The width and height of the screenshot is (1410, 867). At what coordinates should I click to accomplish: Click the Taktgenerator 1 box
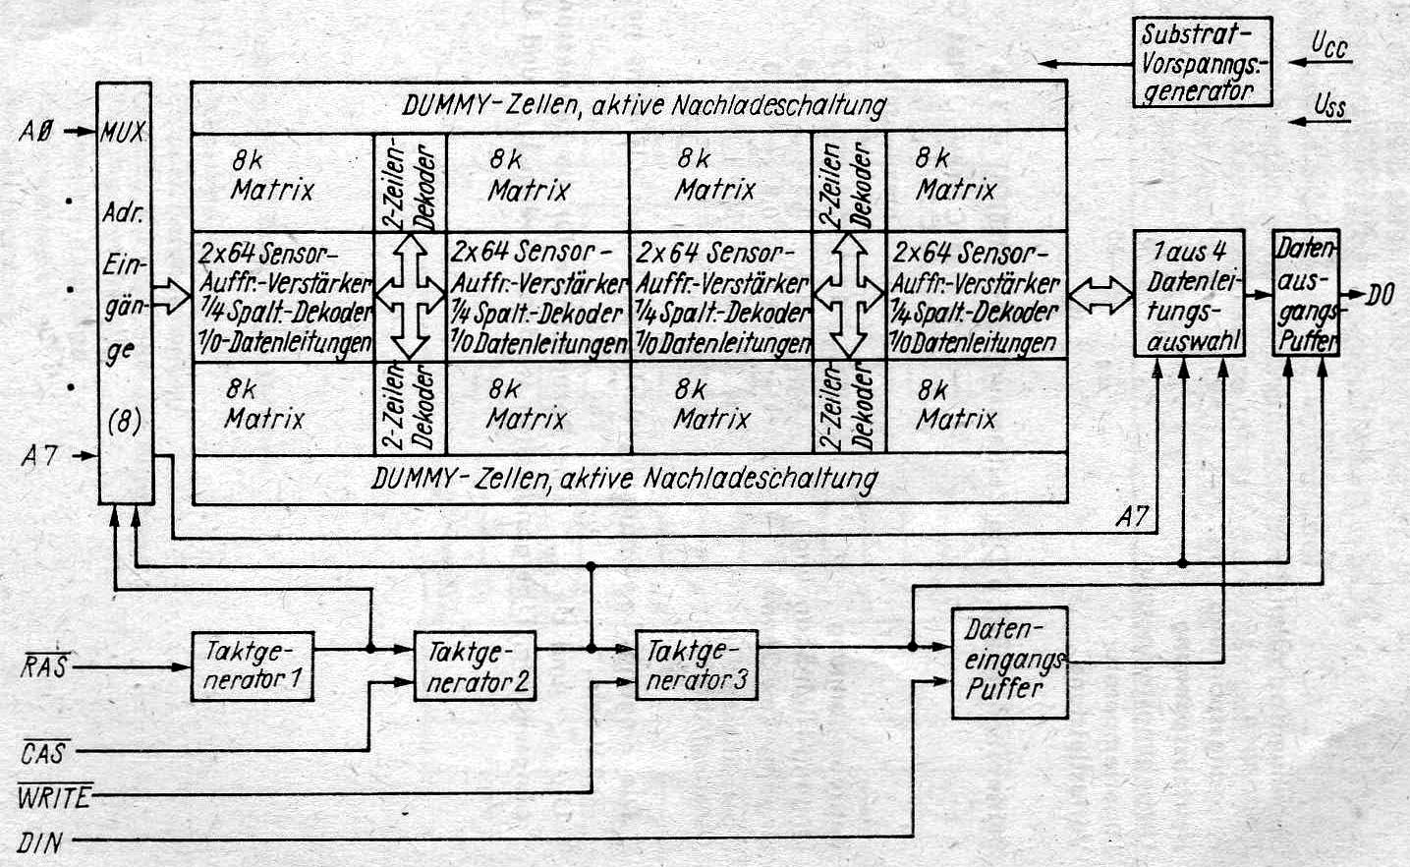(253, 665)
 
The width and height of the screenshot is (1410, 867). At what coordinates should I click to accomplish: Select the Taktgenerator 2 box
(475, 665)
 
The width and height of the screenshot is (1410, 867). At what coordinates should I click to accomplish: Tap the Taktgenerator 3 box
(697, 665)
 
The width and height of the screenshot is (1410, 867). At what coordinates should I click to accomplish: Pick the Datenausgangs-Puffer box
(1305, 294)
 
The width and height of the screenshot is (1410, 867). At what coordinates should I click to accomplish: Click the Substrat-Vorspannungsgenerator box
(1201, 61)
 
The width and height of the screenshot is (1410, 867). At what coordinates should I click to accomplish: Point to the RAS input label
(43, 667)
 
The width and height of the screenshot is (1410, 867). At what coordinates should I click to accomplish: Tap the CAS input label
(43, 753)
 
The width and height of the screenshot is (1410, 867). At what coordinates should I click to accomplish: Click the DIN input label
(42, 841)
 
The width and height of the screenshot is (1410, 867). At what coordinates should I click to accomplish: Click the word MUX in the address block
(123, 132)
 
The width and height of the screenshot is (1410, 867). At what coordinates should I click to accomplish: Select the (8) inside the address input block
(125, 423)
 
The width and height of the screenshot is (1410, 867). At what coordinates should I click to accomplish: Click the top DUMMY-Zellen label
(644, 105)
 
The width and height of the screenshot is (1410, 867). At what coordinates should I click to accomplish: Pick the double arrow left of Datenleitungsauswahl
(1099, 292)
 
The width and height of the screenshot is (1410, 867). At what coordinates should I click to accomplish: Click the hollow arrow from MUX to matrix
(172, 294)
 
